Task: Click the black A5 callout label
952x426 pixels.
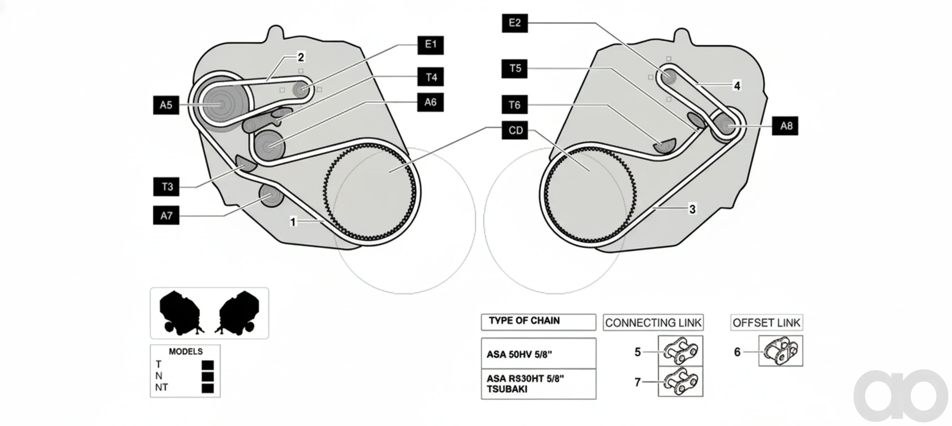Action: (166, 105)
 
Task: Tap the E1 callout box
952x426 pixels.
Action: (431, 45)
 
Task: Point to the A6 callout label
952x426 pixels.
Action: (431, 102)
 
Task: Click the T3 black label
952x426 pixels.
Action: (166, 187)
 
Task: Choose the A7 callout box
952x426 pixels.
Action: (166, 215)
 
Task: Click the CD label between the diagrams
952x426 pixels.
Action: (515, 130)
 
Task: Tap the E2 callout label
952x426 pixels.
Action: (515, 23)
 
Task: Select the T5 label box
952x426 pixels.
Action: (514, 69)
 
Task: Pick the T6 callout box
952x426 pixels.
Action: (514, 105)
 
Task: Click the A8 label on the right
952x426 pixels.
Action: (785, 126)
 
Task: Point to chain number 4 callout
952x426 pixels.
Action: (737, 86)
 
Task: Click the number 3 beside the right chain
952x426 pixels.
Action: (693, 209)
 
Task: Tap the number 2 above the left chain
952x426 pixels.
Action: (301, 57)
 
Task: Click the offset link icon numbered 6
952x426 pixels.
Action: (781, 351)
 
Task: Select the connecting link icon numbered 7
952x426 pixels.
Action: (681, 382)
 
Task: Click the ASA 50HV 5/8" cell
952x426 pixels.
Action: (538, 353)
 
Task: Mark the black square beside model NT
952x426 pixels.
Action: (208, 388)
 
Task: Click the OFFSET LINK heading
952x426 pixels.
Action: (766, 323)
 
